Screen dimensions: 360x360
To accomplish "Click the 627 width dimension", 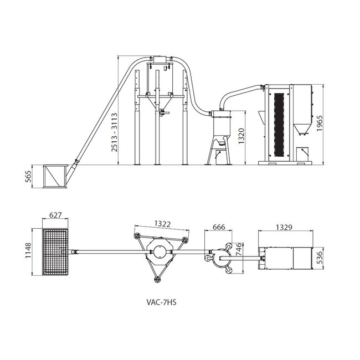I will (x=55, y=215).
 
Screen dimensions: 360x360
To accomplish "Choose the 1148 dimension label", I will (x=28, y=253).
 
